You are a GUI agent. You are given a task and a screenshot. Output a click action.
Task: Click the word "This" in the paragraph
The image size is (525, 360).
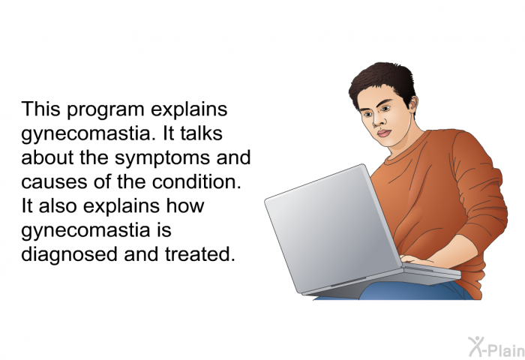coord(40,109)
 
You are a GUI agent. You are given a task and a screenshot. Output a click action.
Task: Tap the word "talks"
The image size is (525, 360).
coord(201,133)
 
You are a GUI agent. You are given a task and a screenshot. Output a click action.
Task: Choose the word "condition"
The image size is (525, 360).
coord(196,181)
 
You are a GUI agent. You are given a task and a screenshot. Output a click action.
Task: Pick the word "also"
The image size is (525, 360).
coord(58,205)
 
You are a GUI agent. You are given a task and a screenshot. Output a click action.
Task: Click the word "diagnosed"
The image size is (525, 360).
coord(69,255)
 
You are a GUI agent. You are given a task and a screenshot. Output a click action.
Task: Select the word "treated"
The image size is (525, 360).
coord(200,253)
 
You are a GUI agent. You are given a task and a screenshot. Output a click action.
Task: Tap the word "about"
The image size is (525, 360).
coord(47,157)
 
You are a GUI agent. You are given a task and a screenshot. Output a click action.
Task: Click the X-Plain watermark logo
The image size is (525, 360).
coord(496,346)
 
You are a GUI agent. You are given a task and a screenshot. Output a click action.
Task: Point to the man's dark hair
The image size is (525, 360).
coord(383,80)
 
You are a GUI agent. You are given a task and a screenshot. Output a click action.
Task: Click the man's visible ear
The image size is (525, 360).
coord(412,103)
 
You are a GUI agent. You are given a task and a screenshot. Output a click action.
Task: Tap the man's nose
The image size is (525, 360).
coord(377,121)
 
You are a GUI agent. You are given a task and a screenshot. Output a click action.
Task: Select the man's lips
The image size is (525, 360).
coord(384,133)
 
